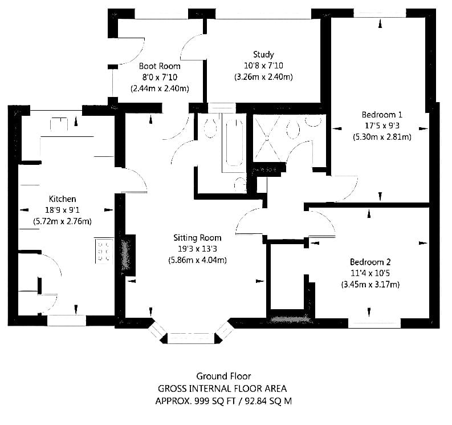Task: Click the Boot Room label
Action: tap(160, 66)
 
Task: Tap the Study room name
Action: tap(263, 54)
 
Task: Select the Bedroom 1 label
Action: tap(382, 115)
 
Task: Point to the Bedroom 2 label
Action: tap(370, 262)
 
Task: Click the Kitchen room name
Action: tap(63, 199)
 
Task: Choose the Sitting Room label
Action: tap(197, 238)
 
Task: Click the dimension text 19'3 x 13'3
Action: tap(197, 249)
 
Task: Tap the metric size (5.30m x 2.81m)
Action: tap(382, 137)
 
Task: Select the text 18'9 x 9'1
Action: tap(63, 210)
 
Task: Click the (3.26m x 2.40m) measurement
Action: tap(263, 77)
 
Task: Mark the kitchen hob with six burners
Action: tap(104, 250)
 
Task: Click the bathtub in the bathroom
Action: tap(234, 143)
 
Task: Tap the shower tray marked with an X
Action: tap(267, 139)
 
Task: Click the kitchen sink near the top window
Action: tap(59, 124)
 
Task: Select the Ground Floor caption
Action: tap(223, 377)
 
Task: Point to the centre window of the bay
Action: tap(191, 338)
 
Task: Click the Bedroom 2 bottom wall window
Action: tap(374, 323)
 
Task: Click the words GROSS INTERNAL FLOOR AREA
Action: tap(222, 388)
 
